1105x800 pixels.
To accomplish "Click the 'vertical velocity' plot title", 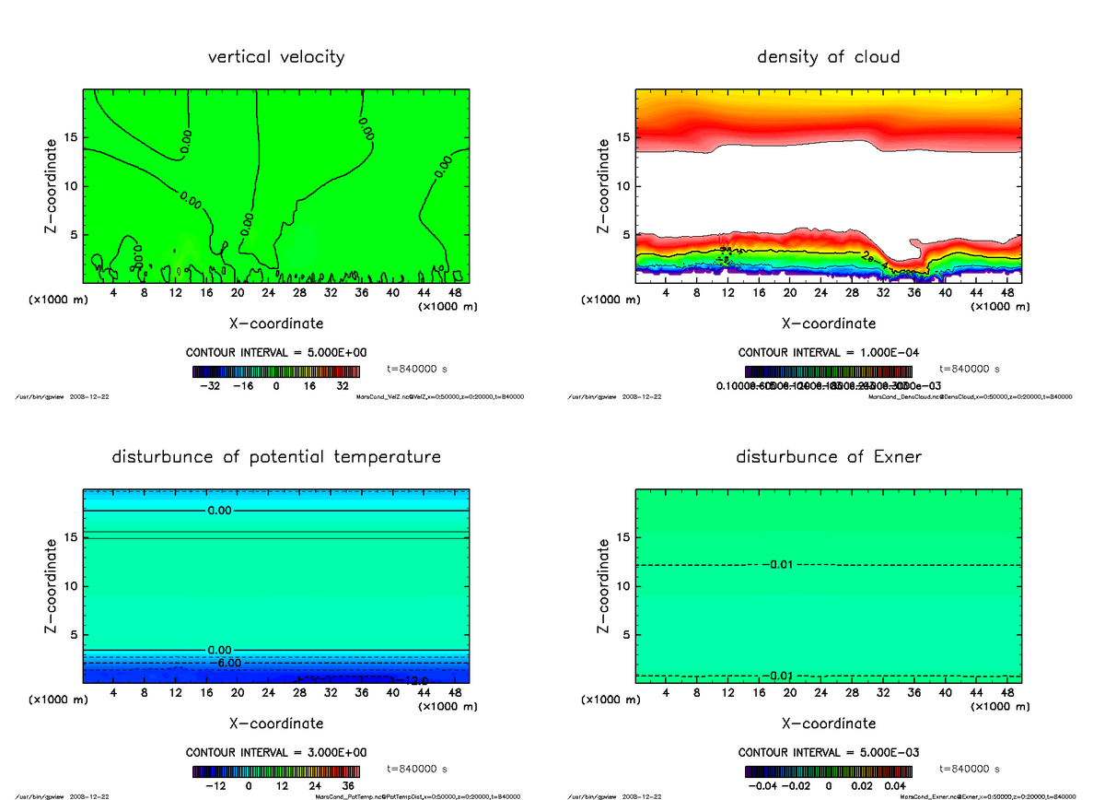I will (x=276, y=57).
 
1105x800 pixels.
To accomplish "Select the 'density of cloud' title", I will (x=828, y=57).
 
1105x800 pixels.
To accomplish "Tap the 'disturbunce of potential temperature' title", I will (x=276, y=457).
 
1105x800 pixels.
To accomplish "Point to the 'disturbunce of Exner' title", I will (x=828, y=457).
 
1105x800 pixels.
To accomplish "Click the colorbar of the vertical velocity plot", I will (x=276, y=372).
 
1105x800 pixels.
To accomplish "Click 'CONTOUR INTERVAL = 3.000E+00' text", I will (x=276, y=752).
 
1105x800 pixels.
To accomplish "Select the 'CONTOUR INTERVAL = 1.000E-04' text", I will (x=829, y=352).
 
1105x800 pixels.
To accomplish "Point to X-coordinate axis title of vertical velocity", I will (x=276, y=324).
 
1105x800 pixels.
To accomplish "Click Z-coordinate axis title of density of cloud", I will (x=604, y=186).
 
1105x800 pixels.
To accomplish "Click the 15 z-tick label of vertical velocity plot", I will (x=68, y=138).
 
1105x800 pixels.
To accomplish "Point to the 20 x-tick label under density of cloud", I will (x=790, y=292).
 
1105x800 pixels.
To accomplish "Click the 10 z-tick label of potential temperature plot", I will (x=68, y=586).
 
